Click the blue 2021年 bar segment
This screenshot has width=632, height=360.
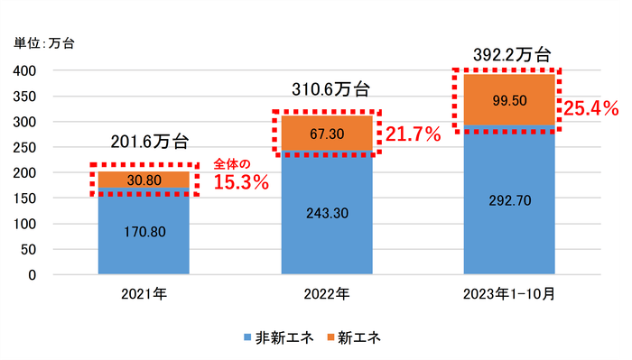coord(144,230)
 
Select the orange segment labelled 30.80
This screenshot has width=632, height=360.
coord(144,180)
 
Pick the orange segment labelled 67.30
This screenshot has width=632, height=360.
coord(326,133)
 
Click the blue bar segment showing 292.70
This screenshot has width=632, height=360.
coord(509,200)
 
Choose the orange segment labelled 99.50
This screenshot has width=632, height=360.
coord(509,99)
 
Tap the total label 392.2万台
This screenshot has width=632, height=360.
coord(512,53)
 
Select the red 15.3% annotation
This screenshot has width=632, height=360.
coord(241,182)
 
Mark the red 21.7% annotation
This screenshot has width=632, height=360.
coord(413,135)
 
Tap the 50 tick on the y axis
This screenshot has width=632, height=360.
coord(27,249)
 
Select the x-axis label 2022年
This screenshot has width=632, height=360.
coord(326,294)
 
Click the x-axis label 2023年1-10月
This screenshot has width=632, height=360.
coord(509,294)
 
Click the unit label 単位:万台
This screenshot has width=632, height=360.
coord(44,42)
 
